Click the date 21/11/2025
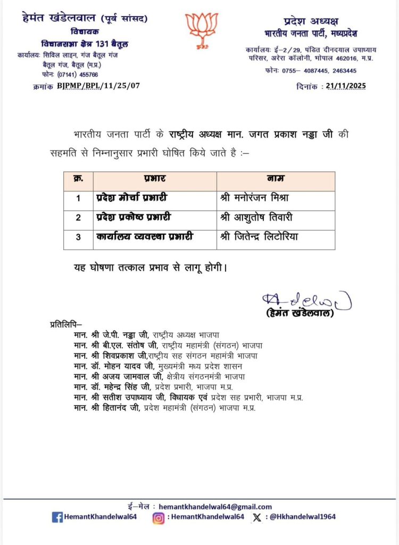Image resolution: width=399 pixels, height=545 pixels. coord(346,86)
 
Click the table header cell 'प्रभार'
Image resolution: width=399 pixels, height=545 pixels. coord(154,181)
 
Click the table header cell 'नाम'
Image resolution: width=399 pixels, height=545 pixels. coord(275,181)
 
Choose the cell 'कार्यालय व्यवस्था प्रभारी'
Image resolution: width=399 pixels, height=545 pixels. coord(144,237)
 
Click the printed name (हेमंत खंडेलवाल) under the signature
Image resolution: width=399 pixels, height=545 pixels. coord(300,313)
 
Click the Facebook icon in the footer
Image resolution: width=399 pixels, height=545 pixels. coord(57,517)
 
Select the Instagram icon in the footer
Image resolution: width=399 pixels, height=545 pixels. coord(158,517)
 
